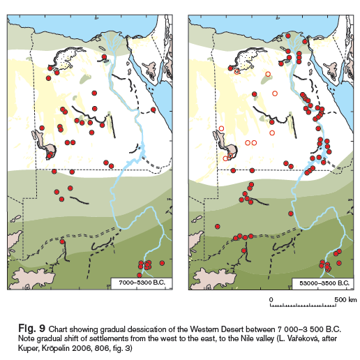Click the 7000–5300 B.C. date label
(140, 283)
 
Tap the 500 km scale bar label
(343, 299)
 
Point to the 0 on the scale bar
(271, 299)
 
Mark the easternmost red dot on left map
(153, 110)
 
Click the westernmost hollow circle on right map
(221, 128)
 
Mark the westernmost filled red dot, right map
(218, 226)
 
